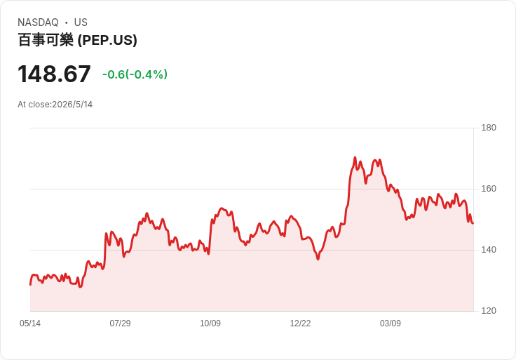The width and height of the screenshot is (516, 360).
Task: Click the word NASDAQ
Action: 38,22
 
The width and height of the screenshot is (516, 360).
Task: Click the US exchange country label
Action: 81,22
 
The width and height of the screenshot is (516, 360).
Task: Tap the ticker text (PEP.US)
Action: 107,40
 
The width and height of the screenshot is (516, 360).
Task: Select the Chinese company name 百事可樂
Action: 46,40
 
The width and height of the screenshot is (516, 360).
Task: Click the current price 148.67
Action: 54,74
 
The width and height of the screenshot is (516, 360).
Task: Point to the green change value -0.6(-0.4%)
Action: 135,74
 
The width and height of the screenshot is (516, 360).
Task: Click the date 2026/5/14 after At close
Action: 72,105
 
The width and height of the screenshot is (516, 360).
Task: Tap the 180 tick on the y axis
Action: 489,128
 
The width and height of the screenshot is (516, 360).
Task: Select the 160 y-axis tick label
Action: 489,188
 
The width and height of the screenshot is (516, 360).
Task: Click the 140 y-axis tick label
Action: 489,250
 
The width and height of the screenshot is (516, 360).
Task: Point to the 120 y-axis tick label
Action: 489,311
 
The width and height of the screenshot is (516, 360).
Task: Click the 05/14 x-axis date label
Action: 30,324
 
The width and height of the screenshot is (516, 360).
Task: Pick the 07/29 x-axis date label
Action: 120,324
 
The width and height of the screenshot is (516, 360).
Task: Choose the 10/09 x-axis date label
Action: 210,324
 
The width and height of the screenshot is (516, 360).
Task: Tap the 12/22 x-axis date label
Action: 300,324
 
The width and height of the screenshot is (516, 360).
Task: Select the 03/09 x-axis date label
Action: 391,324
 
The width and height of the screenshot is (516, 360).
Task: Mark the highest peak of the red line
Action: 355,157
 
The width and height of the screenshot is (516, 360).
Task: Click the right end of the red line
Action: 473,223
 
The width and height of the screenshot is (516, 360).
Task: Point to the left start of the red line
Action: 30,285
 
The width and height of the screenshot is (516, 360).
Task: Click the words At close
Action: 34,105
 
